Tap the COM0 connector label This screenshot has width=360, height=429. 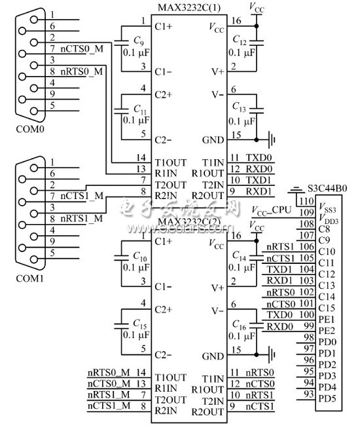click(31, 128)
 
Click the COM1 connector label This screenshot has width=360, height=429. click(31, 278)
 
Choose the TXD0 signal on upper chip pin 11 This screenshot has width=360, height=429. click(257, 158)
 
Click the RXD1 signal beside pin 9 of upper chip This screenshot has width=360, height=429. click(257, 191)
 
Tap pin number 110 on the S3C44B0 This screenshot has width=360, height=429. click(304, 200)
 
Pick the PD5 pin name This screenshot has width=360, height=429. click(327, 398)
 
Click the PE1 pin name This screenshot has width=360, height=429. click(326, 318)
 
